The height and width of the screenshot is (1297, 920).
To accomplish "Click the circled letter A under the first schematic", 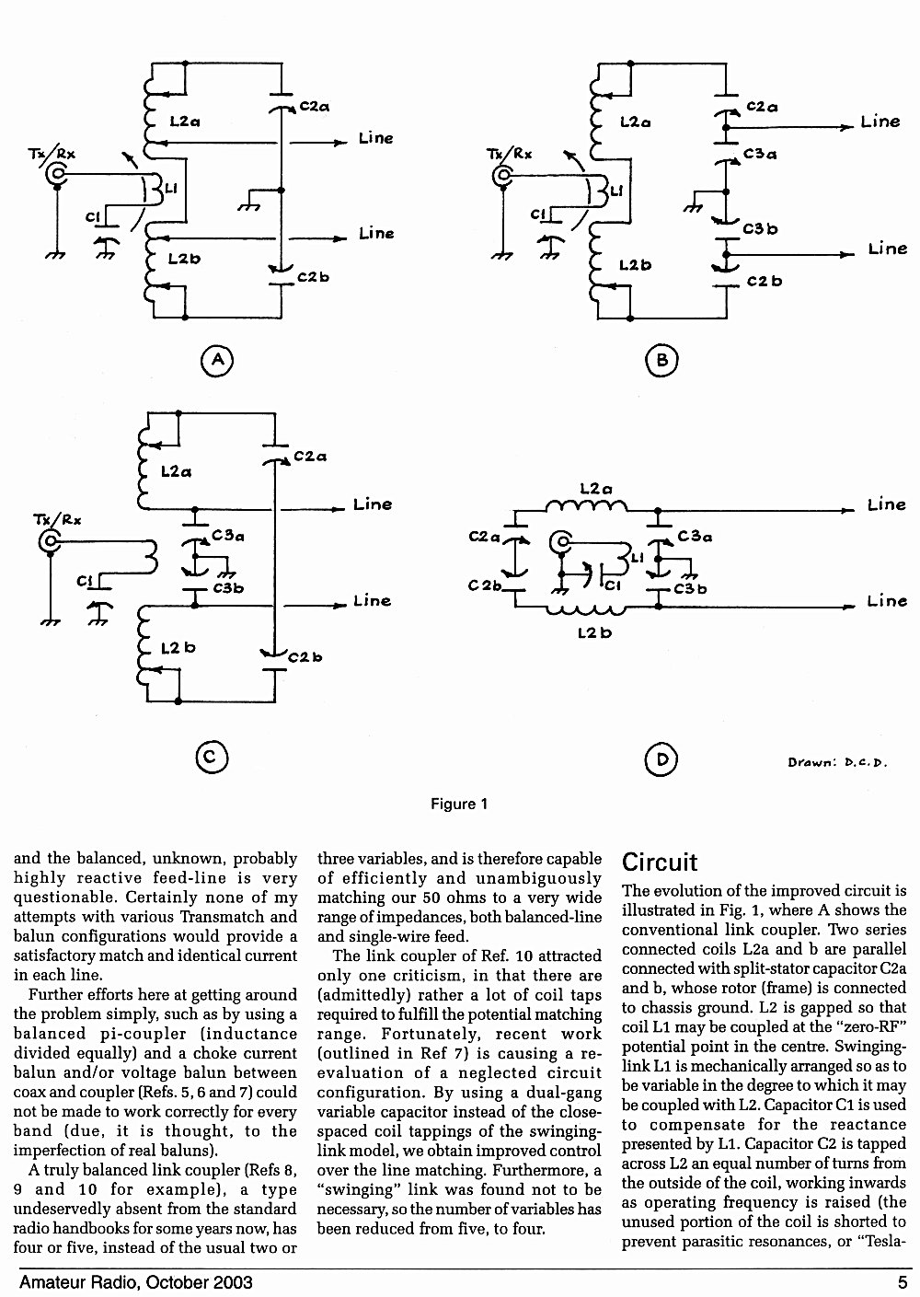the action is [x=217, y=361].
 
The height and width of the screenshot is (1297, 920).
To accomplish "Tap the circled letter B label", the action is [x=661, y=361].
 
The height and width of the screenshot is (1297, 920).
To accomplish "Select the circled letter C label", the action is [x=212, y=758].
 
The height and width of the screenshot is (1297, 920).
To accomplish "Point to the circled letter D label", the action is [x=661, y=759].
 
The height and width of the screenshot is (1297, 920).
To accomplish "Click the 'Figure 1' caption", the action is [x=459, y=804].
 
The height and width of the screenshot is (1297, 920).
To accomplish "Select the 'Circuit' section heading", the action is [x=660, y=863].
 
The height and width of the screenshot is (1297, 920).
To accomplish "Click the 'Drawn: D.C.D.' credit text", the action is [x=837, y=762].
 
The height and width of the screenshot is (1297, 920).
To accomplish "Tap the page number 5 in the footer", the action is [x=903, y=1282].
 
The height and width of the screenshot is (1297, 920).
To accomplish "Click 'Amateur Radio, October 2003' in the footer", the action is [x=136, y=1282].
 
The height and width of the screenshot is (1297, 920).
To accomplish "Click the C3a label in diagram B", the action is [x=760, y=154].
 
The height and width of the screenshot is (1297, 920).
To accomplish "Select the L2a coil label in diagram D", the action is [x=596, y=490].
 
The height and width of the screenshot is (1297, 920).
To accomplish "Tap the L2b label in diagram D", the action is [x=595, y=633].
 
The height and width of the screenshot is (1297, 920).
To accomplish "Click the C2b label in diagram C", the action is [x=305, y=657].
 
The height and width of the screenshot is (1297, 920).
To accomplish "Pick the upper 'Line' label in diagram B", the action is [x=880, y=122].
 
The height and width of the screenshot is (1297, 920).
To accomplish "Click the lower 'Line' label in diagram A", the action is [x=376, y=233].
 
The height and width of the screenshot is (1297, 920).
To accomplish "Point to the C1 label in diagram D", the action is [x=613, y=585].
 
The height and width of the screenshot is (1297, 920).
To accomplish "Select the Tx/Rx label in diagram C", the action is [x=57, y=519].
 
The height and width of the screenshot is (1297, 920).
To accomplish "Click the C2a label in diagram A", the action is [x=315, y=107].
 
